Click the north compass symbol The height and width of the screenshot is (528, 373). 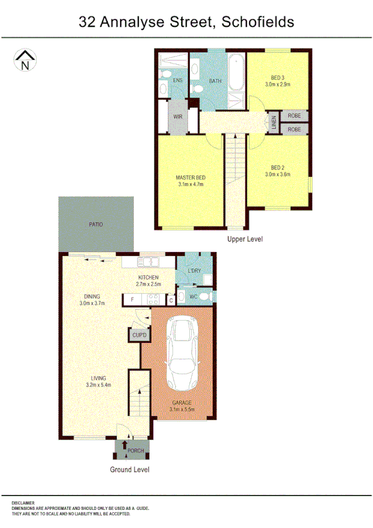coord(25,61)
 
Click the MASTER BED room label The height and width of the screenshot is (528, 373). coord(191,177)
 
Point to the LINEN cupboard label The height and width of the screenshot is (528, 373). coord(273,123)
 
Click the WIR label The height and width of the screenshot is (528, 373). coord(177,116)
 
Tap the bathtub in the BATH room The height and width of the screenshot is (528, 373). coord(237,74)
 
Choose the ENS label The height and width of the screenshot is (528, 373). coord(177,80)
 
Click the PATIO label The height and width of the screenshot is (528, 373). coord(95,224)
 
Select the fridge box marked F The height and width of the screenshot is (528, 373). coord(132,300)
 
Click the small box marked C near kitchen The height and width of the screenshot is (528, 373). coord(171,300)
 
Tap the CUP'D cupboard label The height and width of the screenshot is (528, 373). coord(139,336)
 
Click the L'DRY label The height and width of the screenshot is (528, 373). coord(194,271)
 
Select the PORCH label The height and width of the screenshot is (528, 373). coord(136,450)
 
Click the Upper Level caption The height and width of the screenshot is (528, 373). coord(245,239)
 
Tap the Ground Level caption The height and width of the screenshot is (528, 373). coord(130,469)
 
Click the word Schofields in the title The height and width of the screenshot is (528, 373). coord(257,23)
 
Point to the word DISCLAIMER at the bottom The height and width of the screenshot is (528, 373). coord(23,502)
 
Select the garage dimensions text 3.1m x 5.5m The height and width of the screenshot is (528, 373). coord(183,409)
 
